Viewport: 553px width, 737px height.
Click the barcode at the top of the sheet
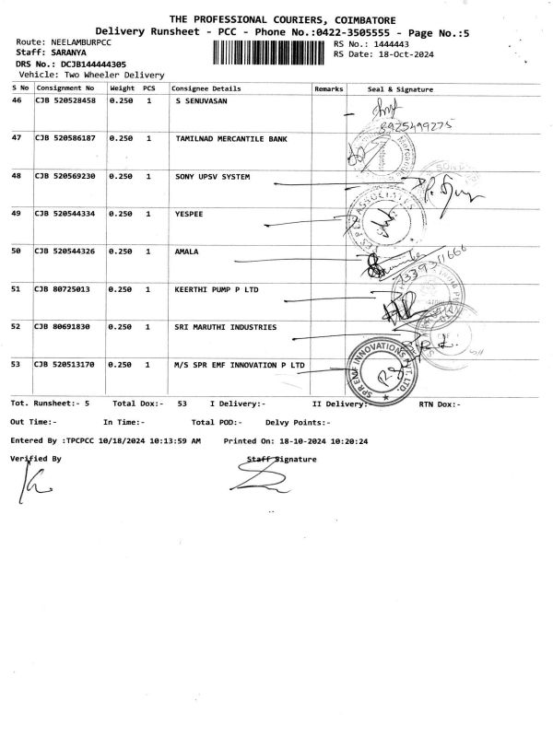[x=270, y=50]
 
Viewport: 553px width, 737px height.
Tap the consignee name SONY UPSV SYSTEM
[x=212, y=175]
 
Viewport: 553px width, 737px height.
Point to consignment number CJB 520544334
[x=65, y=213]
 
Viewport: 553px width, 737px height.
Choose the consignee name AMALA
[x=187, y=251]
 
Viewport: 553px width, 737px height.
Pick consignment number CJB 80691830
[x=62, y=326]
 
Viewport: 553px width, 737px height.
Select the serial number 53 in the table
[x=17, y=364]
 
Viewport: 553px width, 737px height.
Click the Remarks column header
[x=329, y=88]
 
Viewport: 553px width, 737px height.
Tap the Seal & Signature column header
[x=400, y=88]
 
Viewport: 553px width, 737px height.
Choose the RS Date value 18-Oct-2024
[x=399, y=54]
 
